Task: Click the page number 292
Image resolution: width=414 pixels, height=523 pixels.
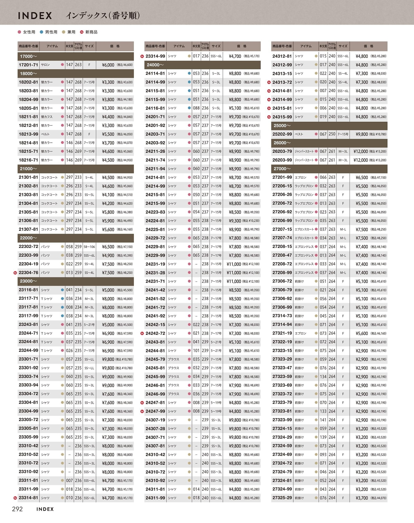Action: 17,509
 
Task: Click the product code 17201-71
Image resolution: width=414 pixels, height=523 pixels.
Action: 28,65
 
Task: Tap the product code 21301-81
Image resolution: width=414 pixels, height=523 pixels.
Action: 28,177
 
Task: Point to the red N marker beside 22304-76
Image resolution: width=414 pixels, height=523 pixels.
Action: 15,273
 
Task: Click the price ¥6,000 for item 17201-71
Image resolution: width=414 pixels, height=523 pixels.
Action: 108,65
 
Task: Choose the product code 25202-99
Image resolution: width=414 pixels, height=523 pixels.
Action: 282,134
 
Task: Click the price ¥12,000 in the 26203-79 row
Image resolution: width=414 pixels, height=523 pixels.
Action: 361,151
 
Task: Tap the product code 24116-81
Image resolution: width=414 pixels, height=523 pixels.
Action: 155,108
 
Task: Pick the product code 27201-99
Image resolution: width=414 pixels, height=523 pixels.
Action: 282,177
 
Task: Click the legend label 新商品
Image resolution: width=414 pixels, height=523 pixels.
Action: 91,32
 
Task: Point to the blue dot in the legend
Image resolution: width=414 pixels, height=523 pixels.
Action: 42,32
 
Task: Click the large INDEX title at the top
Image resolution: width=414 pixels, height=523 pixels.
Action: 35,16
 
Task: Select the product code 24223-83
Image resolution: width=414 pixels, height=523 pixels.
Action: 155,212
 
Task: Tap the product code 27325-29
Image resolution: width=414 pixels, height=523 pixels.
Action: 282,498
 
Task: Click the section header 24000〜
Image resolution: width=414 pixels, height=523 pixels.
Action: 155,65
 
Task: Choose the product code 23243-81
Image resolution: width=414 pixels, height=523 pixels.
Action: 28,324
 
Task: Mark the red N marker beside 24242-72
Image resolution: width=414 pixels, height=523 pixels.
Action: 142,333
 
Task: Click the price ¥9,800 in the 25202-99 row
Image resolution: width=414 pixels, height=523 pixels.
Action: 362,134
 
